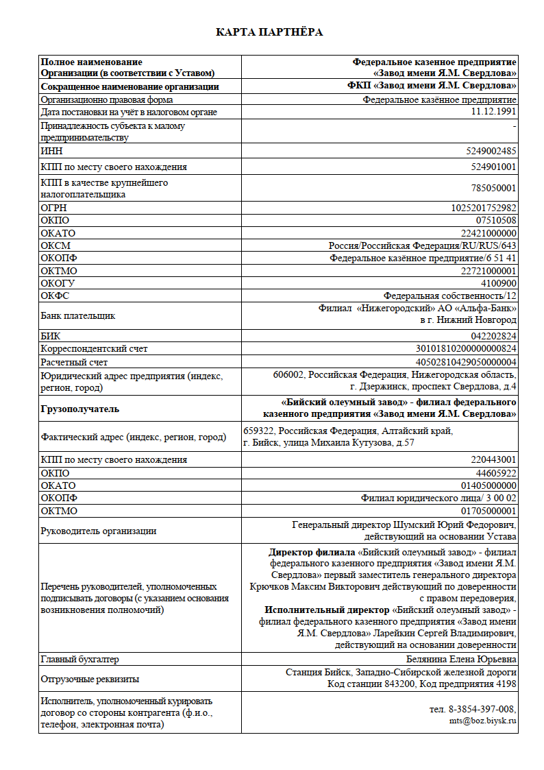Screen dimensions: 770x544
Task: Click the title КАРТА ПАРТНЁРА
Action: pyautogui.click(x=269, y=32)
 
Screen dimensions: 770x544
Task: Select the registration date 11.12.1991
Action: pyautogui.click(x=493, y=112)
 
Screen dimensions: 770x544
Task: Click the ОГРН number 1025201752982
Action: pyautogui.click(x=484, y=208)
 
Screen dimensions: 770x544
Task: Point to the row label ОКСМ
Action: pyautogui.click(x=55, y=245)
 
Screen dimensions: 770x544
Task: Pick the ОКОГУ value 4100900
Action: pyautogui.click(x=498, y=283)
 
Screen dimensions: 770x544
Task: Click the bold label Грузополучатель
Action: pyautogui.click(x=80, y=409)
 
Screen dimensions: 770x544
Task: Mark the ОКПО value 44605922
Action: pyautogui.click(x=495, y=473)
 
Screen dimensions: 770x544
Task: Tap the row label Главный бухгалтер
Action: pyautogui.click(x=79, y=659)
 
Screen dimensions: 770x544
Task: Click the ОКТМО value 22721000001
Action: pyautogui.click(x=489, y=271)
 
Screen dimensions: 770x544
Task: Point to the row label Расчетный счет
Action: pyautogui.click(x=74, y=362)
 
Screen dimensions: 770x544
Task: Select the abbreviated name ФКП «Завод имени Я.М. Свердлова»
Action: pyautogui.click(x=432, y=86)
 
